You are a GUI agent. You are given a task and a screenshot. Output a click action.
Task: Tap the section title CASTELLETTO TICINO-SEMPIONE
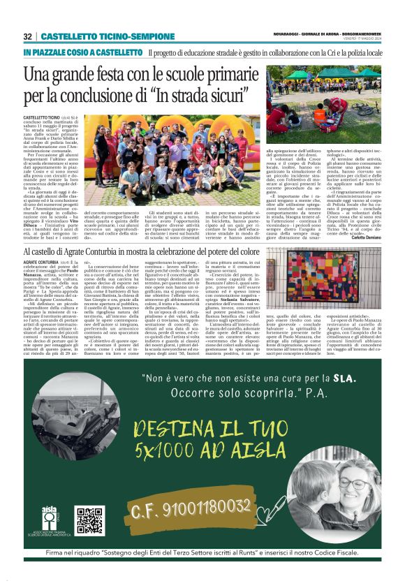97,36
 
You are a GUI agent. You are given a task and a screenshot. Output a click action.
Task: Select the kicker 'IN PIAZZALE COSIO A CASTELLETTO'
82,53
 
